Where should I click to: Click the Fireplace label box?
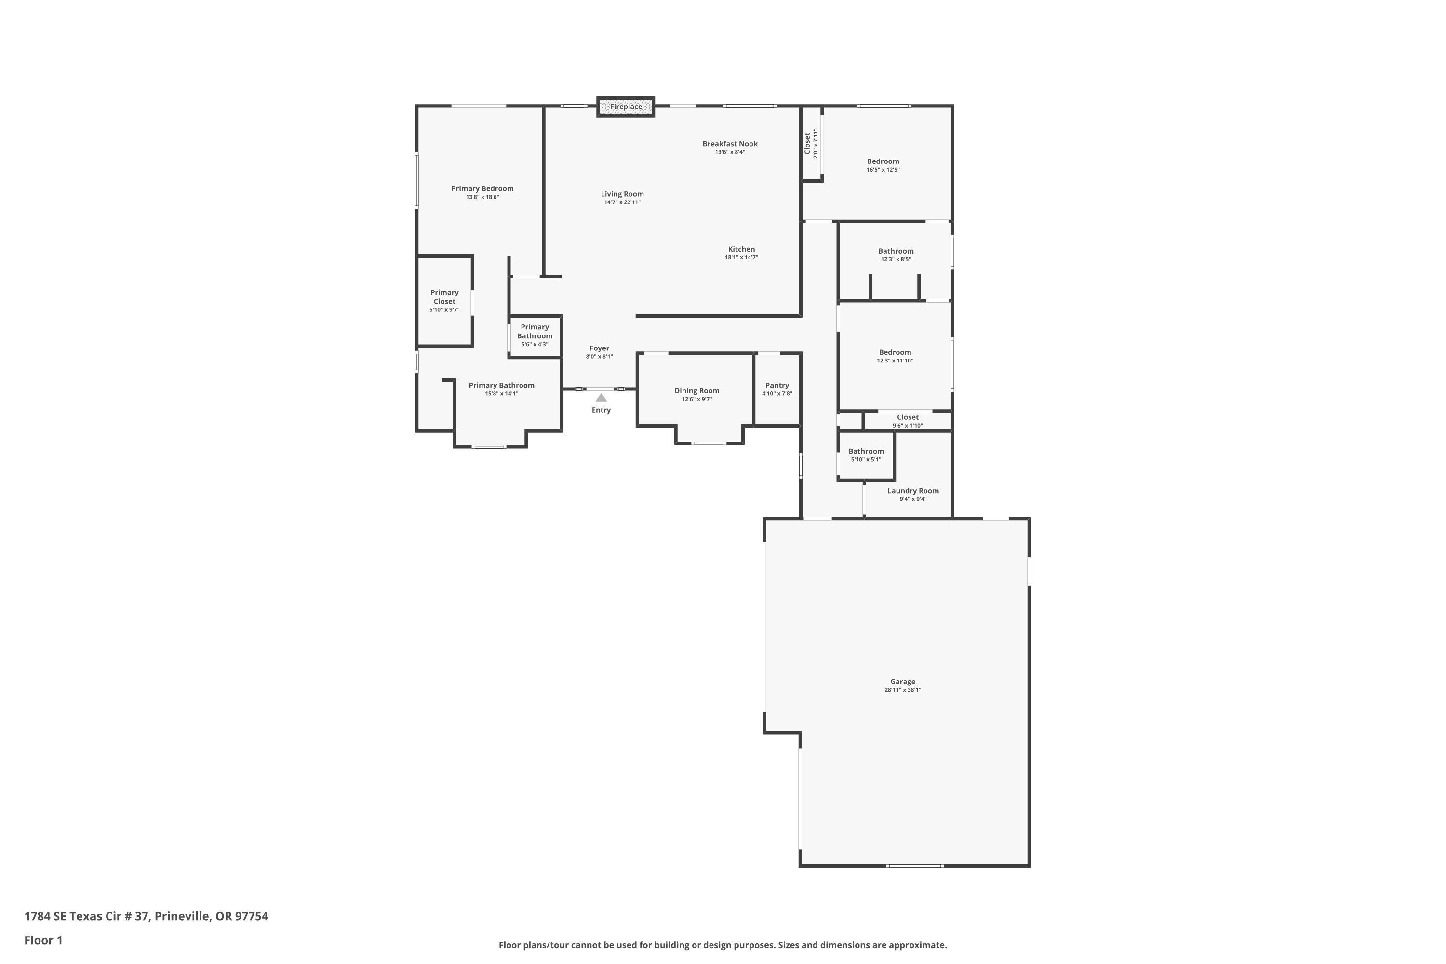(625, 107)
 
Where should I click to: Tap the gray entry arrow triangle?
(601, 398)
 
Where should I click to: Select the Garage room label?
(902, 681)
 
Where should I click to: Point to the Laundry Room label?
(912, 491)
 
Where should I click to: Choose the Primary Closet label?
(444, 297)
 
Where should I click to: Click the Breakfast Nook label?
(730, 144)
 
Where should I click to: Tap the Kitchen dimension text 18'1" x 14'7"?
(741, 257)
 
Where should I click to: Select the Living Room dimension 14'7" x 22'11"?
(622, 202)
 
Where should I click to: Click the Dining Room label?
(696, 391)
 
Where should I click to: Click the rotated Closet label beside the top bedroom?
(807, 143)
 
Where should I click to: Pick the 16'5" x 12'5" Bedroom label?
(883, 161)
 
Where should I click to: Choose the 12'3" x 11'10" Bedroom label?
(895, 353)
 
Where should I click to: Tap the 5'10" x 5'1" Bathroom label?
(866, 451)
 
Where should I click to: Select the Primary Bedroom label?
(482, 189)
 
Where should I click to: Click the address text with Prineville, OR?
(147, 916)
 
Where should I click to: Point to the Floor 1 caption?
(43, 940)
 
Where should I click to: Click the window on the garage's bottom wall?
(914, 866)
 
